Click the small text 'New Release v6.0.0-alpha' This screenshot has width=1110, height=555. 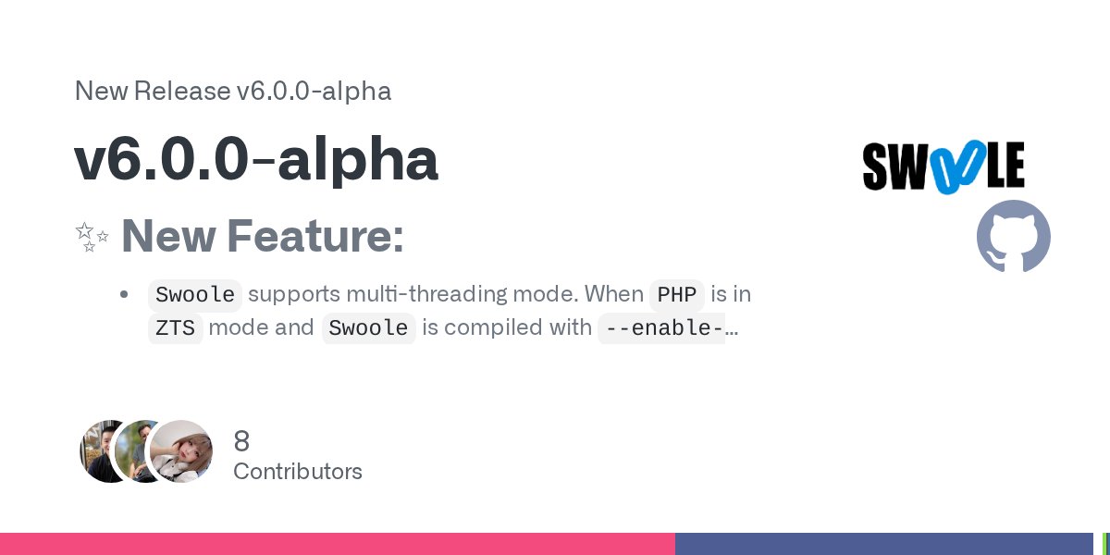(232, 92)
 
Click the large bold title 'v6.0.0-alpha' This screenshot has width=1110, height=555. (255, 159)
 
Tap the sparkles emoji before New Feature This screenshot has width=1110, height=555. (92, 237)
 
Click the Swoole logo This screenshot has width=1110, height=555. (943, 167)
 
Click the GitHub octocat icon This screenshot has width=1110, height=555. (1013, 236)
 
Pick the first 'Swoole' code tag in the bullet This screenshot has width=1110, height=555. (195, 295)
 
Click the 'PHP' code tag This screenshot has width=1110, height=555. (676, 295)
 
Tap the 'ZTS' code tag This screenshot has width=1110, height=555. (175, 328)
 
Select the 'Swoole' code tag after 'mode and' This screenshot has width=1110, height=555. (368, 328)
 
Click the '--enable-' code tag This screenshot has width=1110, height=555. (662, 328)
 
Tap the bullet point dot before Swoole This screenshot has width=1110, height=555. (124, 295)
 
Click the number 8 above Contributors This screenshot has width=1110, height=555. (241, 440)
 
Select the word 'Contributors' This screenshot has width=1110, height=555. (297, 472)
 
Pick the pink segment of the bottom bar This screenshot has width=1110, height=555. (338, 544)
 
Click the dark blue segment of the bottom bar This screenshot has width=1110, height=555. (883, 544)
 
